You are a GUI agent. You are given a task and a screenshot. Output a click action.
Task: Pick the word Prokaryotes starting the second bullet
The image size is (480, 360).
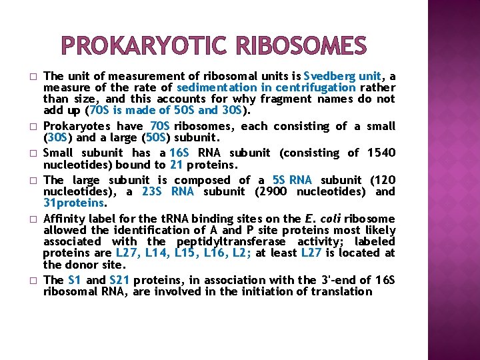73,125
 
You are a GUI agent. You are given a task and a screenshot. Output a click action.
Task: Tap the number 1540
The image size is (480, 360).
381,153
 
